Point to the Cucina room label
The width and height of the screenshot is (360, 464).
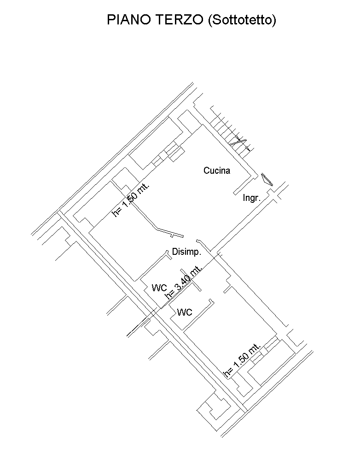[x=217, y=170]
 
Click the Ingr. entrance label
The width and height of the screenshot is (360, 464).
[x=251, y=198]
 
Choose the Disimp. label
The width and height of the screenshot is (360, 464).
[x=186, y=252]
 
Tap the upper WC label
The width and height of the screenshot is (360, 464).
[x=159, y=288]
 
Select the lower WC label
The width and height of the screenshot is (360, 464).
[x=185, y=312]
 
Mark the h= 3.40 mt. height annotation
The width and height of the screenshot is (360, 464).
[x=184, y=282]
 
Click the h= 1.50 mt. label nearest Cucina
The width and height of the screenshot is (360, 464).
[x=131, y=200]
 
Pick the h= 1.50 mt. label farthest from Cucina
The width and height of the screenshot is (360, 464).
[x=242, y=360]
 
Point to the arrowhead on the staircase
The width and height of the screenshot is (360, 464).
[x=248, y=149]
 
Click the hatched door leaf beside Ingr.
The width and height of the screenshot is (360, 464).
[x=267, y=180]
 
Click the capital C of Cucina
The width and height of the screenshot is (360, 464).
[x=206, y=170]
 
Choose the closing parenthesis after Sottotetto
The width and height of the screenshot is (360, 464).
[x=274, y=20]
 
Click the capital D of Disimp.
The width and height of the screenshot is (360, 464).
[x=175, y=252]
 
